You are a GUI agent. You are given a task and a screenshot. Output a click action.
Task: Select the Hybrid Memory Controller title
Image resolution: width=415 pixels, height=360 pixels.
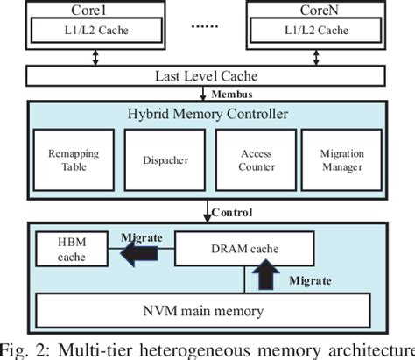(x=207, y=114)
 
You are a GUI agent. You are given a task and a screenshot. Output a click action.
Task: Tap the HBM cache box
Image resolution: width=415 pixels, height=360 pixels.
(x=70, y=249)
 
